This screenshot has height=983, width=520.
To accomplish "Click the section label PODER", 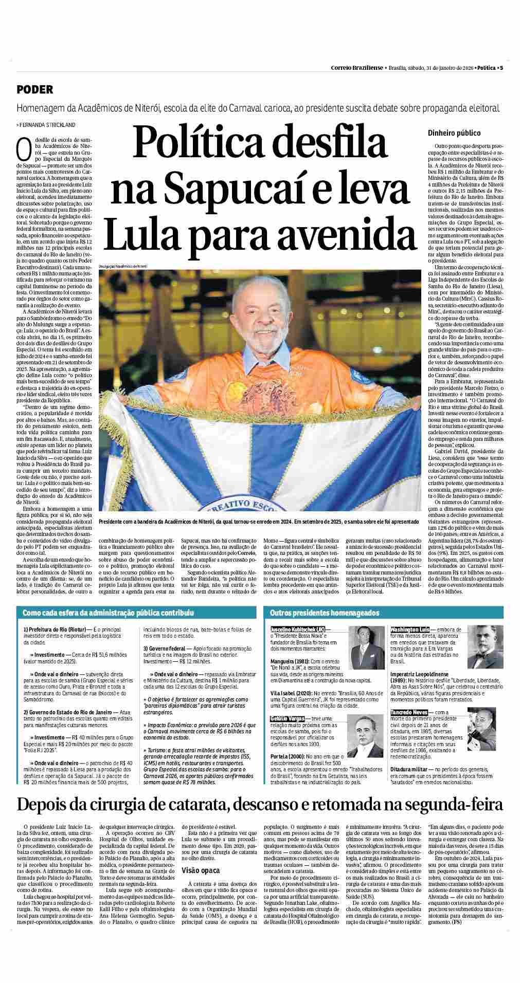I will [34, 89].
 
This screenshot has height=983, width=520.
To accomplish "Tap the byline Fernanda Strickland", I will [47, 125].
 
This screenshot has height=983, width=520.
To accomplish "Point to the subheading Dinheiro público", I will [454, 133].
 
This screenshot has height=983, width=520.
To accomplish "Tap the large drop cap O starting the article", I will [22, 150].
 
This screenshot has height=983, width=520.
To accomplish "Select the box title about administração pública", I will [109, 613].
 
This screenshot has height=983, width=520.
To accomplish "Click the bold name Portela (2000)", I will [288, 756].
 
